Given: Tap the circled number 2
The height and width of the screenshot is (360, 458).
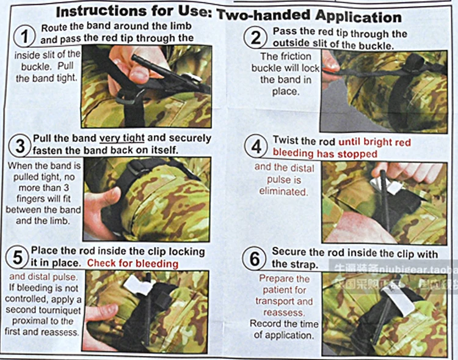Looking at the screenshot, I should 255,38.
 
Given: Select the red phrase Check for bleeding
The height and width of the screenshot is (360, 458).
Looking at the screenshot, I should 133,263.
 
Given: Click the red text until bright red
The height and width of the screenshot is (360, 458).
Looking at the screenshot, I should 374,142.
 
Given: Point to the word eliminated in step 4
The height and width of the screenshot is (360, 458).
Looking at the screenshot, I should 283,191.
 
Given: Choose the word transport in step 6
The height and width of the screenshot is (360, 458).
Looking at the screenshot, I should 276,301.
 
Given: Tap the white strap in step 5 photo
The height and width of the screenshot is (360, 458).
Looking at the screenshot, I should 134,282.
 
